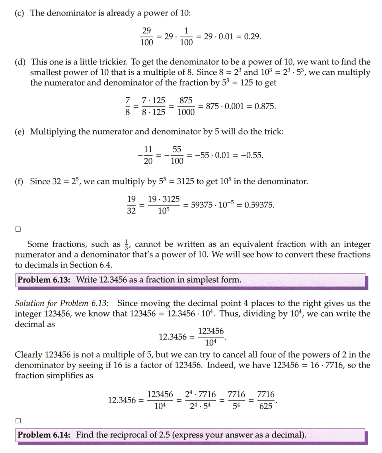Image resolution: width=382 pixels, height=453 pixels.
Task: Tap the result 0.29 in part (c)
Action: click(x=252, y=37)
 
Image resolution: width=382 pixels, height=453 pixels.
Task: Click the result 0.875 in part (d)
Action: click(x=265, y=106)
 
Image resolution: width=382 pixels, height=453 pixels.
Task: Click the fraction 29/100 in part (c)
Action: click(x=147, y=37)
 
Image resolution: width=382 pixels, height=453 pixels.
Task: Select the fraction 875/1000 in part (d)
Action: click(x=186, y=106)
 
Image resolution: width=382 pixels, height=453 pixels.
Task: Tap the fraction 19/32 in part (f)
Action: click(x=131, y=205)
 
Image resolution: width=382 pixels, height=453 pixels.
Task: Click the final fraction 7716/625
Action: click(x=266, y=400)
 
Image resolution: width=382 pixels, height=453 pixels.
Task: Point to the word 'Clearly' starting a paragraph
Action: click(x=29, y=355)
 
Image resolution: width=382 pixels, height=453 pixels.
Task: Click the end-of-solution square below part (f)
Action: click(x=18, y=229)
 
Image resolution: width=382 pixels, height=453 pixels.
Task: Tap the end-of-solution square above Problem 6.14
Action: click(x=18, y=420)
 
